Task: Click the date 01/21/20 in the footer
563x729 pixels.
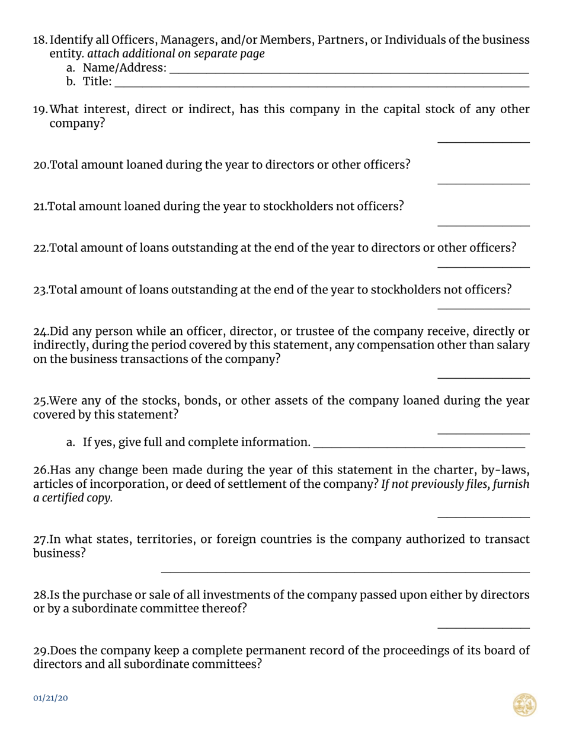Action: tap(50, 698)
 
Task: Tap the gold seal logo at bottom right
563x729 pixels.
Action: tap(524, 705)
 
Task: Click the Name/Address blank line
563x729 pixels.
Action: tap(348, 71)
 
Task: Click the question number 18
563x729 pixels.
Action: tap(40, 40)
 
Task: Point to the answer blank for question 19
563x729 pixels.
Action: tap(483, 140)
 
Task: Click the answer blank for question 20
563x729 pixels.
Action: tap(483, 181)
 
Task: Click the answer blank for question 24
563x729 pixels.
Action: tap(483, 376)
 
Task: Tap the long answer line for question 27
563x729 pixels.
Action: tap(345, 570)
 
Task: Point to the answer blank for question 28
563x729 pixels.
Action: tap(483, 626)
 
